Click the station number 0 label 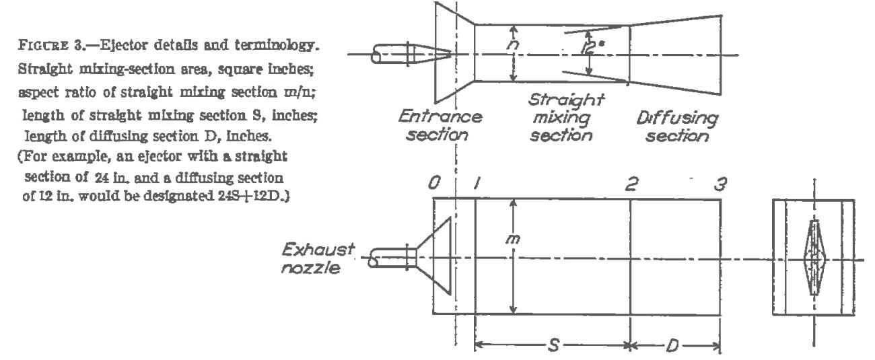coord(434,183)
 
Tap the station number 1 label coord(477,183)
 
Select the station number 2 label coord(631,184)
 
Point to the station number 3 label coord(720,184)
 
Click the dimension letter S coord(554,345)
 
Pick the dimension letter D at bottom coord(672,345)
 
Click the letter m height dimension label coord(513,239)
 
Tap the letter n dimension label coord(513,45)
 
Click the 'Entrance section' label coord(440,126)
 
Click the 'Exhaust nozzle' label coord(318,258)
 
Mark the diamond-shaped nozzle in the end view coord(814,258)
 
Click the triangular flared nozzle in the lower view coord(433,256)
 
